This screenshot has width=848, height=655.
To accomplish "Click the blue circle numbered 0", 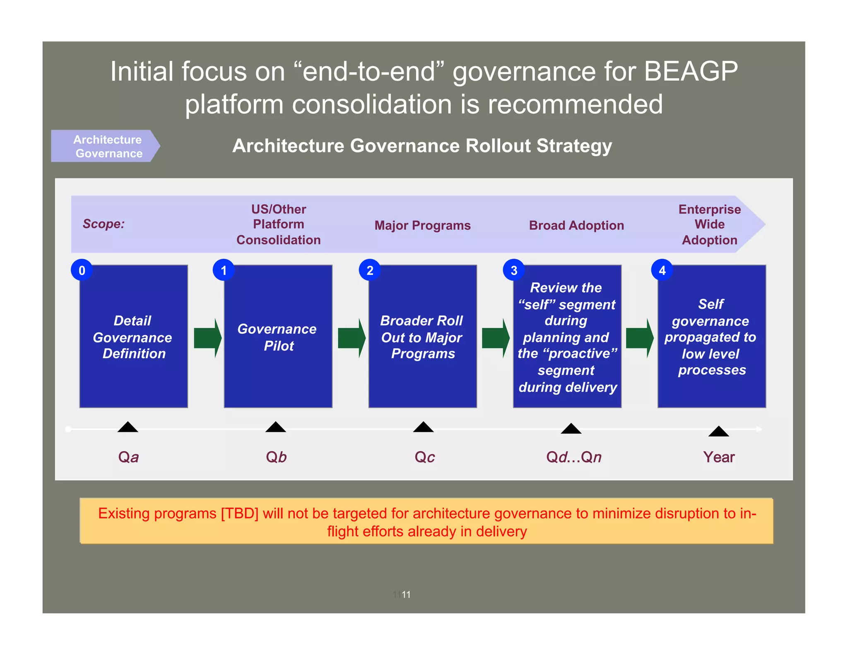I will [x=82, y=270].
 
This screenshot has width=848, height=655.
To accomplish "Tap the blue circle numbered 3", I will [x=514, y=270].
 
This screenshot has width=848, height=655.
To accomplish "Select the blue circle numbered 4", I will [x=662, y=270].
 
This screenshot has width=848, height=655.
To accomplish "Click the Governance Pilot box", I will [x=278, y=337].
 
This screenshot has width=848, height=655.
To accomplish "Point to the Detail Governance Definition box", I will [x=133, y=337].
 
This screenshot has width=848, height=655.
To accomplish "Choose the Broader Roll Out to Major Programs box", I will [x=422, y=337].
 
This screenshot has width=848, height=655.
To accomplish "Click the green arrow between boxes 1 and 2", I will [x=352, y=338].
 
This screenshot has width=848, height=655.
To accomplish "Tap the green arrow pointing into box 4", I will [x=639, y=338].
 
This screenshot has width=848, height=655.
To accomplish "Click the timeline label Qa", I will [x=128, y=457].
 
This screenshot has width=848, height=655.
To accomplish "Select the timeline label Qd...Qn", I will [x=573, y=457].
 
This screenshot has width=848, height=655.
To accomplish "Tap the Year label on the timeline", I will [x=719, y=457].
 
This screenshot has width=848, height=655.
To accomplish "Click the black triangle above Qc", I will [x=423, y=427].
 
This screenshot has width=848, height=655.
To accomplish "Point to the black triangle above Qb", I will [x=276, y=427].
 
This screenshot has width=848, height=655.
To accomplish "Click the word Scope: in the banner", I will [x=104, y=224].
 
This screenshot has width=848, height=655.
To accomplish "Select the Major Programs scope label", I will [x=422, y=225].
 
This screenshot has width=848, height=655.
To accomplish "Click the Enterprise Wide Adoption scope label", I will [x=709, y=224].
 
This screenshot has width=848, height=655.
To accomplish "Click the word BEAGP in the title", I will [x=691, y=71].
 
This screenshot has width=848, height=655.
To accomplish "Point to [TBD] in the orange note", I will [x=240, y=513].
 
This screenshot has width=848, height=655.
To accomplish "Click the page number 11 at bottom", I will [x=406, y=595].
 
